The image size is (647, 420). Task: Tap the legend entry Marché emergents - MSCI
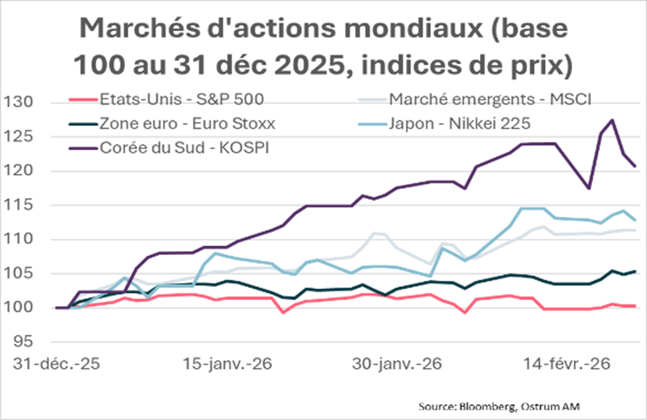pyautogui.click(x=490, y=100)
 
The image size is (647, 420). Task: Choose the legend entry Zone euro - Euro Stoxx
pyautogui.click(x=187, y=124)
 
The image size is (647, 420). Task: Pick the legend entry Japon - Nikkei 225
pyautogui.click(x=459, y=124)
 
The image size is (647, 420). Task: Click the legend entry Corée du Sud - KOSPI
pyautogui.click(x=184, y=148)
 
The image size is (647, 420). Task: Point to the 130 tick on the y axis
pyautogui.click(x=18, y=102)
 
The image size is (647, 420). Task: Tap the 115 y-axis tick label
pyautogui.click(x=18, y=205)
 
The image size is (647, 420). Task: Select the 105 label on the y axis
pyautogui.click(x=18, y=273)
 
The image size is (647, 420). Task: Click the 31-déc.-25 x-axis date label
pyautogui.click(x=57, y=364)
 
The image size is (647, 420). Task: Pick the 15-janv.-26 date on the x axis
pyautogui.click(x=227, y=364)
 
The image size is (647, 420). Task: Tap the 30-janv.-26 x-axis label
pyautogui.click(x=397, y=364)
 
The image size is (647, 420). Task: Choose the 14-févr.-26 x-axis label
pyautogui.click(x=567, y=364)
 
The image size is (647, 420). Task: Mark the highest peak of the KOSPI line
pyautogui.click(x=612, y=120)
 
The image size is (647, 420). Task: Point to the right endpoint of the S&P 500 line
pyautogui.click(x=635, y=306)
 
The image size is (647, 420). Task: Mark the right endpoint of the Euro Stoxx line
pyautogui.click(x=635, y=271)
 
